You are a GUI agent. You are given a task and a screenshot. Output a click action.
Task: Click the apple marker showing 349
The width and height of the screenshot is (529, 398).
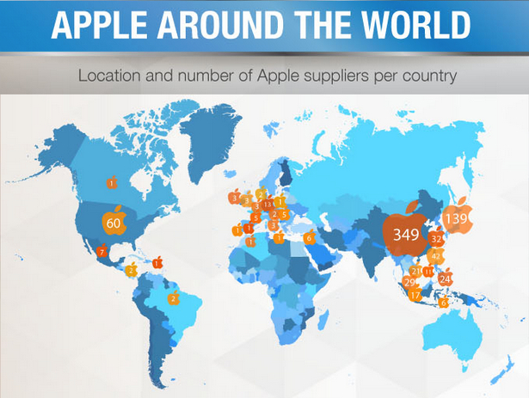coord(405,232)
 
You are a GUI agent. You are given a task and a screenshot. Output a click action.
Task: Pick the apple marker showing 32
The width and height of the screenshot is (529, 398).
coord(437,238)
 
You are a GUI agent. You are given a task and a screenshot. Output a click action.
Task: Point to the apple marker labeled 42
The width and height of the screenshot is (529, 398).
coord(436,255)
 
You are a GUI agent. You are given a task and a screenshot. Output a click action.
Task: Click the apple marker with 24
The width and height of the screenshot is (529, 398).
coord(445,278)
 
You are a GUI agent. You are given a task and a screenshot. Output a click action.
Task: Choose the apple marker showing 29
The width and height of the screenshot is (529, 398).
coord(409,281)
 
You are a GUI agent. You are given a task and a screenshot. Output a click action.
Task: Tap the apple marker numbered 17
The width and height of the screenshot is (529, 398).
coord(415,295)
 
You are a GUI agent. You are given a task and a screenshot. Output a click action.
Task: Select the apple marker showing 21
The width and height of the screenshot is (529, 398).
coord(416,271)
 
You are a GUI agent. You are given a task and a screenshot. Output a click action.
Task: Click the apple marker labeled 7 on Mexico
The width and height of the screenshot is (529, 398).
coord(101,251)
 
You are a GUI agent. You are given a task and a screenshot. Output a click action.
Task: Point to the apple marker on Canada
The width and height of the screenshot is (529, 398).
coord(111,181)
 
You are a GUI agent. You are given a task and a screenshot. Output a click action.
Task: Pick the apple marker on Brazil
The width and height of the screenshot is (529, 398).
coord(173,298)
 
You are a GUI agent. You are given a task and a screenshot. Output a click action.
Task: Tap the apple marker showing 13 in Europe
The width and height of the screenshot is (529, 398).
coord(268,203)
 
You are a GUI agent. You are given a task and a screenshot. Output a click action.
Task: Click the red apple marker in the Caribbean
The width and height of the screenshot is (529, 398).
coord(157,262)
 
